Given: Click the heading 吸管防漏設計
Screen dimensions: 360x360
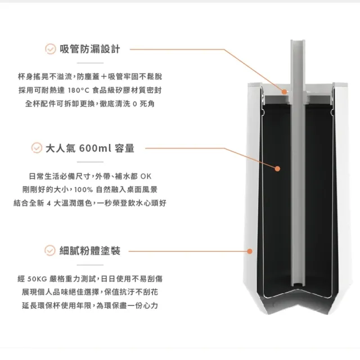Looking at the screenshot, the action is [90, 49].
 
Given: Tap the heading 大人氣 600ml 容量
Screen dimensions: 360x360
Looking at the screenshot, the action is [90, 148].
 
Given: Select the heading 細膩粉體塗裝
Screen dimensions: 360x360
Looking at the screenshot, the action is [90, 250].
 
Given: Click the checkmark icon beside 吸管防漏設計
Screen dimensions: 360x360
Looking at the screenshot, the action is [50, 49].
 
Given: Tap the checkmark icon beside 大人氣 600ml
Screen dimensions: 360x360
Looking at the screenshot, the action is [37, 148].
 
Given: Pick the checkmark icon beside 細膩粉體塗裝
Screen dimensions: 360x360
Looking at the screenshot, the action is [50, 250].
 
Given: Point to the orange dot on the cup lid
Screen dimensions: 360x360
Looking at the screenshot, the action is [284, 92].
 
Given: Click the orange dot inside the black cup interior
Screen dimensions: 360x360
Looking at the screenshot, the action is [277, 169].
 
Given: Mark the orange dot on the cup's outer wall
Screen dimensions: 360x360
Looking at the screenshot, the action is [250, 251].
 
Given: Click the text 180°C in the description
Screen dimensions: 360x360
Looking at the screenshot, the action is [78, 91].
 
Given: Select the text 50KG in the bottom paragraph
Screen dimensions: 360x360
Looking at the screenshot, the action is [37, 279].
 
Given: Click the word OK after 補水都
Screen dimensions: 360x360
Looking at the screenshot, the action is [146, 176].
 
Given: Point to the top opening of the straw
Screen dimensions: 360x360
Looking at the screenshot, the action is [298, 41].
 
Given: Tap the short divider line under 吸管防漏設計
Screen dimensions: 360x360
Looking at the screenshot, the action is [90, 63].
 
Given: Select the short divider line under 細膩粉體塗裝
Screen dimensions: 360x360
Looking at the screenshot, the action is [90, 265].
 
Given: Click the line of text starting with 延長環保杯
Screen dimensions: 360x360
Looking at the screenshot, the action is [90, 305].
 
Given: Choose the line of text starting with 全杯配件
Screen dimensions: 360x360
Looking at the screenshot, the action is [90, 103].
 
